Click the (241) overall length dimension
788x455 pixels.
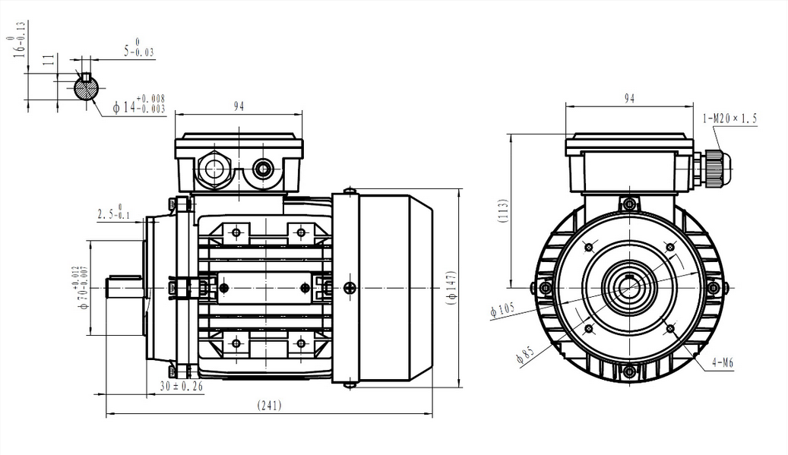coord(269,406)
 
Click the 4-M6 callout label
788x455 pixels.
coord(723,363)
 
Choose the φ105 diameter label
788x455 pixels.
coord(503,310)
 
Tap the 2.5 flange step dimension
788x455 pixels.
coord(114,214)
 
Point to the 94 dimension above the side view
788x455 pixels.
coord(239,107)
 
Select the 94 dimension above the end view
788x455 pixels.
coord(629,99)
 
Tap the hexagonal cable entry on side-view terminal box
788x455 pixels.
coord(213,169)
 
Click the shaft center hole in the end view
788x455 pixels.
coord(628,288)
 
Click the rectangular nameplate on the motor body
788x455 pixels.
coord(264,287)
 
